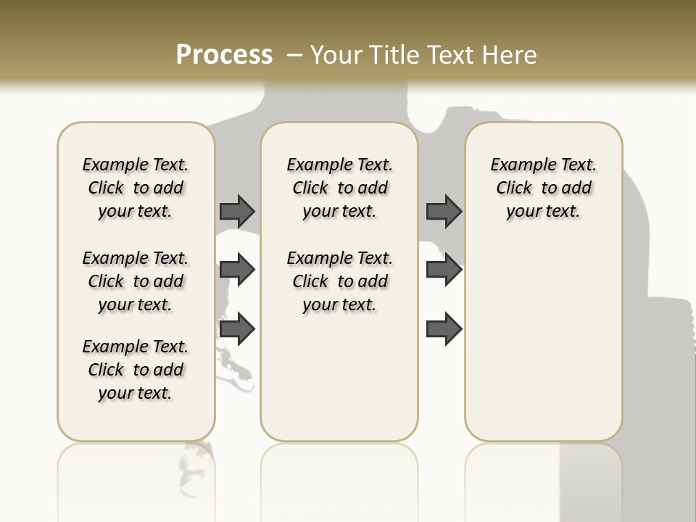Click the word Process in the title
224,55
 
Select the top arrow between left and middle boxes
237,211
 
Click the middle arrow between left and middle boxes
237,270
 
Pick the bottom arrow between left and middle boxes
237,329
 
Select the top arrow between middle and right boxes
444,211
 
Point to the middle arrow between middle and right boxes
444,270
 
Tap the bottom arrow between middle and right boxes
444,329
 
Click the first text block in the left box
136,188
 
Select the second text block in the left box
136,281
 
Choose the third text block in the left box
136,370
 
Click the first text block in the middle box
340,188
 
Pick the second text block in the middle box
340,281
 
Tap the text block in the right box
544,188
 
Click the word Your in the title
338,55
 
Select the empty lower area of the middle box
339,377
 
